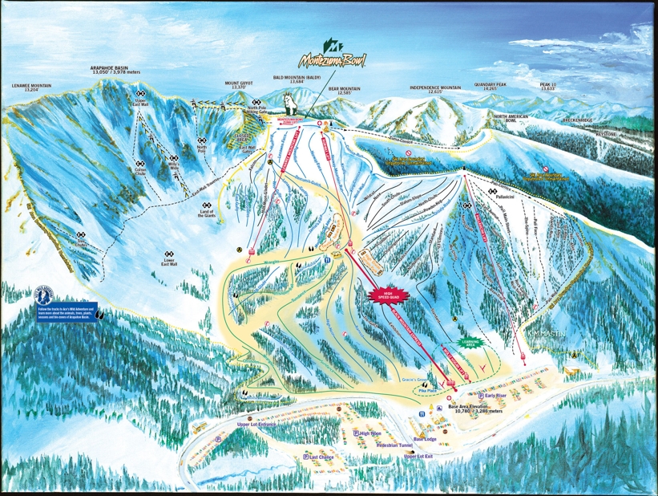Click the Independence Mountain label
(436, 89)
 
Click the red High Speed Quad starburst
(387, 295)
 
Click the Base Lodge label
(425, 439)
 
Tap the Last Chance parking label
(320, 457)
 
